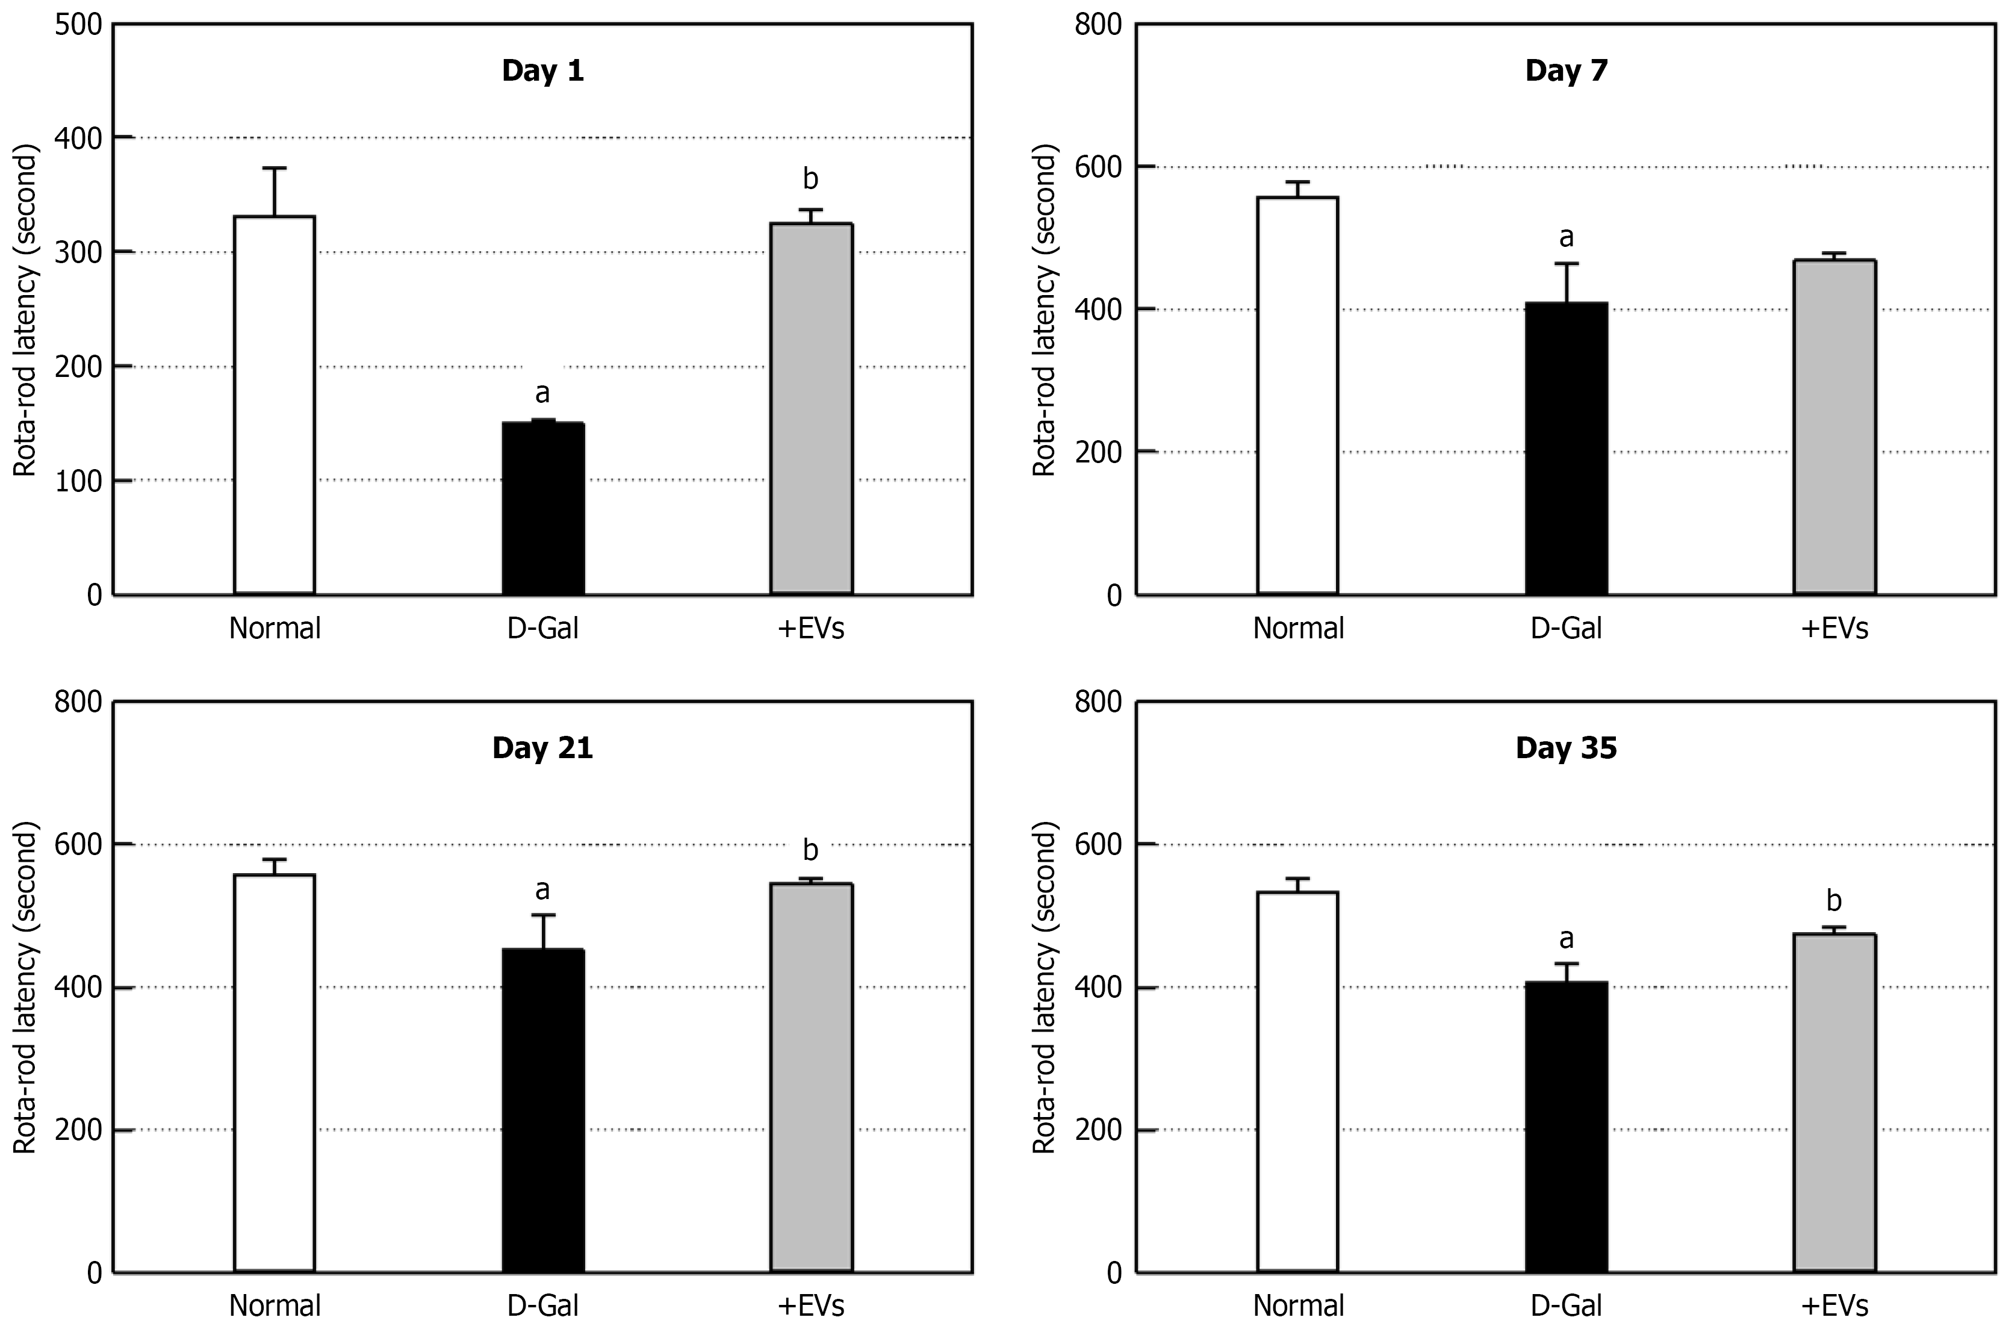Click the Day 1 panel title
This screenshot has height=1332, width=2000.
pyautogui.click(x=542, y=70)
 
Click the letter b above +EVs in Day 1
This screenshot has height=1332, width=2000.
pyautogui.click(x=810, y=179)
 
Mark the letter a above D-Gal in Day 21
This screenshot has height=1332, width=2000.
pyautogui.click(x=542, y=889)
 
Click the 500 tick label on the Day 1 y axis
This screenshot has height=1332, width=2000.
pyautogui.click(x=78, y=25)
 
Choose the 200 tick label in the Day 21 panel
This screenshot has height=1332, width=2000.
pyautogui.click(x=78, y=1130)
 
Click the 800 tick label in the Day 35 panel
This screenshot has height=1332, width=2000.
pyautogui.click(x=1098, y=703)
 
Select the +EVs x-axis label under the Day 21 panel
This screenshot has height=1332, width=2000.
pyautogui.click(x=810, y=1305)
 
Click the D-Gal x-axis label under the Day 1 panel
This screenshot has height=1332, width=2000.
pyautogui.click(x=542, y=629)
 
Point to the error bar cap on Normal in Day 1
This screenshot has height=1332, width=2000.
pyautogui.click(x=275, y=168)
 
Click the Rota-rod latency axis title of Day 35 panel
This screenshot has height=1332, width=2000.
pyautogui.click(x=1044, y=986)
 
